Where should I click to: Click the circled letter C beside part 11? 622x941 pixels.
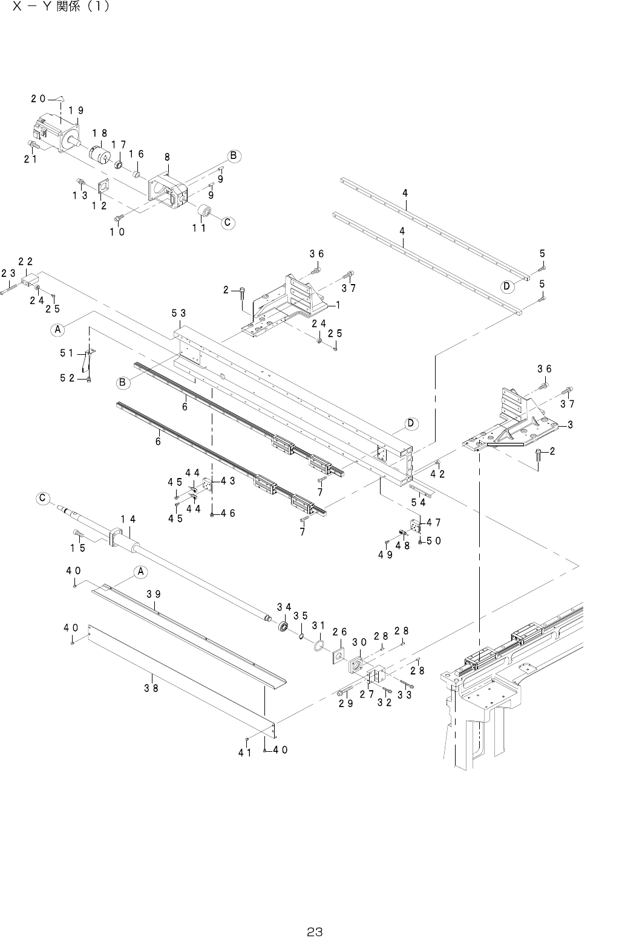click(x=228, y=222)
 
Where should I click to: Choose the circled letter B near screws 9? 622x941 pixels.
click(x=234, y=156)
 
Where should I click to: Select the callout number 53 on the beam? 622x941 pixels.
click(x=178, y=313)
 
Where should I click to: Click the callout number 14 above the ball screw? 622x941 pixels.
click(x=128, y=519)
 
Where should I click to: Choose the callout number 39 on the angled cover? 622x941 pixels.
click(x=153, y=593)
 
